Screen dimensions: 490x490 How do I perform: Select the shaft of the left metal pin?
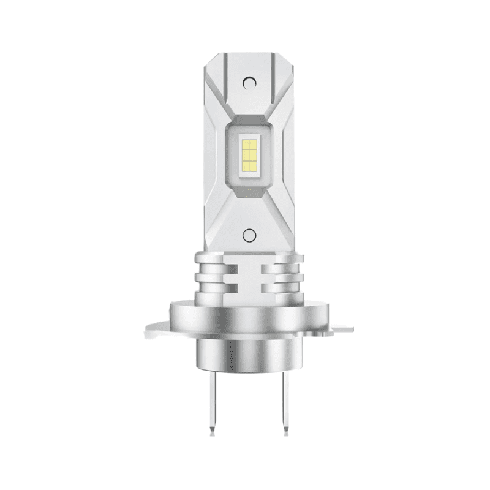(x=213, y=398)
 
